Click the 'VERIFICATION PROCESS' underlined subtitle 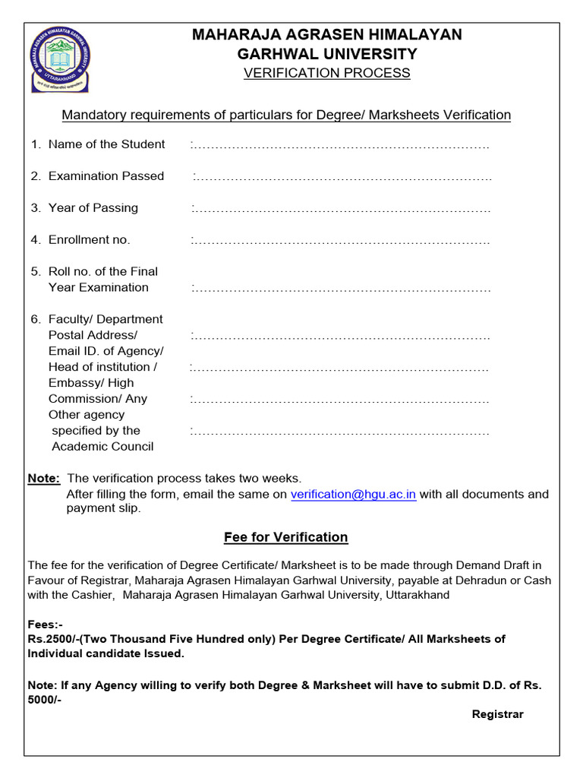[x=326, y=73]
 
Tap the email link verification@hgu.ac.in [x=353, y=494]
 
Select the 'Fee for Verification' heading [x=285, y=537]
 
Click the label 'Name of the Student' [x=106, y=144]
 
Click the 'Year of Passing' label [x=93, y=208]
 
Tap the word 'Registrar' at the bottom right [x=497, y=714]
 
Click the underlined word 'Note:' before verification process [x=43, y=479]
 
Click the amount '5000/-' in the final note [x=45, y=700]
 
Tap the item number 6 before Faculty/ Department [x=35, y=319]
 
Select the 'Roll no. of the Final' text [x=102, y=271]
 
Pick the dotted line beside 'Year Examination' [x=341, y=289]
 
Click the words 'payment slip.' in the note [x=103, y=508]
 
